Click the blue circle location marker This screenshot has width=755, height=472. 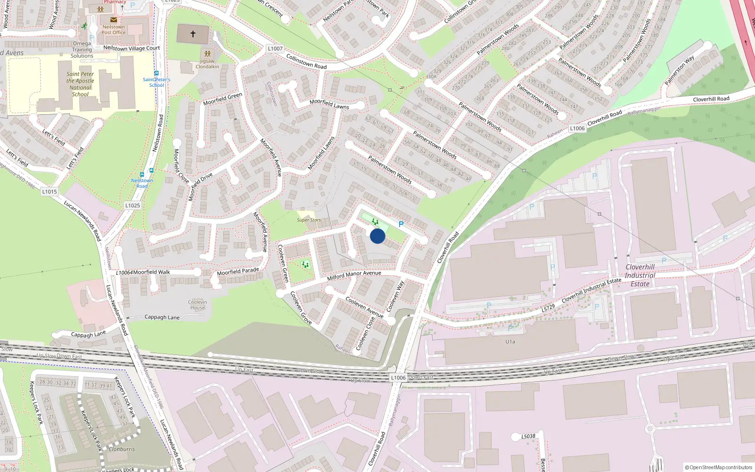coord(377,236)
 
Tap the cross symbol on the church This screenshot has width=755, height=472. coord(193,34)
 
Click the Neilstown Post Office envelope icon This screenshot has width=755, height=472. coord(114,20)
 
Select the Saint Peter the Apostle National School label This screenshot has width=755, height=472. coord(80,84)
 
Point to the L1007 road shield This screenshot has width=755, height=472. coord(275,49)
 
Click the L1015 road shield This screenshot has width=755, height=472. coord(50,192)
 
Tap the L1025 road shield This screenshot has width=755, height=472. coord(133,205)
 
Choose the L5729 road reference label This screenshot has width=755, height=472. coord(548,308)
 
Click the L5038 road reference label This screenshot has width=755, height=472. coord(528,436)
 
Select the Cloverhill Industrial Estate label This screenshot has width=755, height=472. coord(640,275)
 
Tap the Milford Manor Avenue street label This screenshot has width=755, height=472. coord(354,275)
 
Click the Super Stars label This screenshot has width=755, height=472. coord(309,220)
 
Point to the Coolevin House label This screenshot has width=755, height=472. coord(198,305)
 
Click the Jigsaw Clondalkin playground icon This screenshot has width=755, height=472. coord(207,54)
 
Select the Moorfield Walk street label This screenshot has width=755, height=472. coord(151,272)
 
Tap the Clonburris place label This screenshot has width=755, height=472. coord(122,449)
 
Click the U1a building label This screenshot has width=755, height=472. coord(510,342)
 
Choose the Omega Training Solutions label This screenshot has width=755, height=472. coord(82,50)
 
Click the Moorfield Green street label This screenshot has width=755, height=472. coord(222,99)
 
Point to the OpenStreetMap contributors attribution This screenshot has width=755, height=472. coord(719,467)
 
